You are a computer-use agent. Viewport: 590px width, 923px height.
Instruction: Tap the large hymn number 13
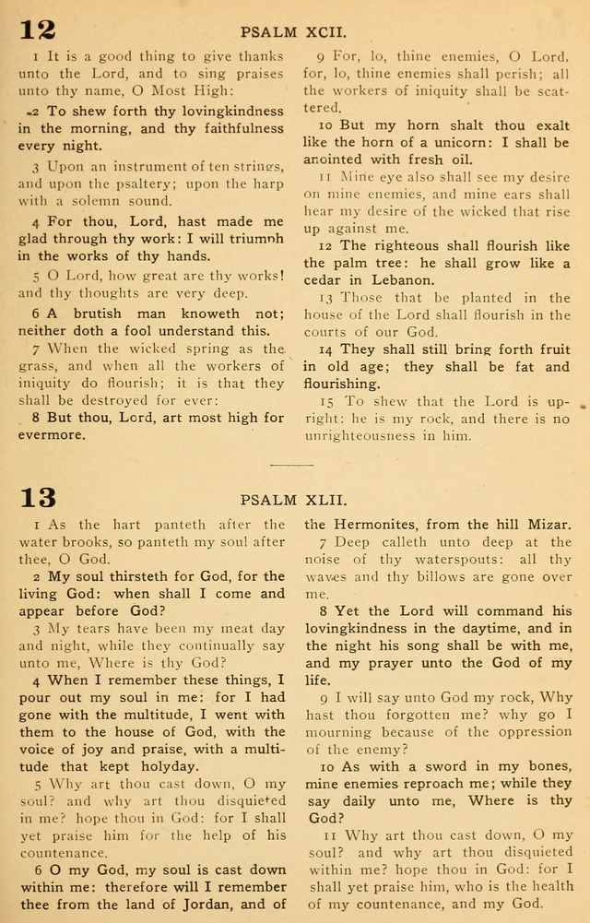pyautogui.click(x=38, y=498)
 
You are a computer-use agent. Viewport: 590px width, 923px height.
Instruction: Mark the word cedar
pyautogui.click(x=325, y=279)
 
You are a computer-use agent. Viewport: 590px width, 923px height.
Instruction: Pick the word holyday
pyautogui.click(x=167, y=765)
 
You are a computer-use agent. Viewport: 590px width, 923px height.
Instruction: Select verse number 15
pyautogui.click(x=327, y=401)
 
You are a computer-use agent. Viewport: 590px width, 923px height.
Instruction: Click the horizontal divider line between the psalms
pyautogui.click(x=294, y=464)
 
